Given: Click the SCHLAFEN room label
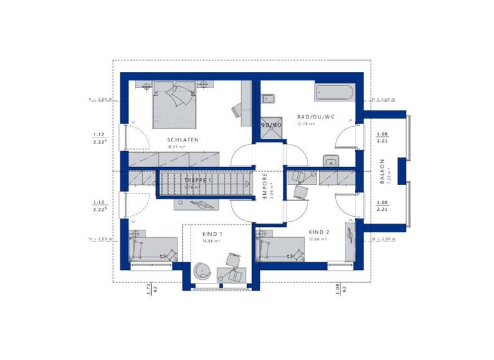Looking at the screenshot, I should (183, 139).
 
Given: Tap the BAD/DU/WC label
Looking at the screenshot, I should (316, 117).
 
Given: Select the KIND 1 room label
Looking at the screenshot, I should (212, 234).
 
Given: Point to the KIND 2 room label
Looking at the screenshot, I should (318, 231).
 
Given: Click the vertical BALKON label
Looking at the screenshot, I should (381, 172).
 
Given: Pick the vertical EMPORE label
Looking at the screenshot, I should (264, 185).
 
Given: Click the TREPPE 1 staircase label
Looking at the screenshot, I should (199, 181).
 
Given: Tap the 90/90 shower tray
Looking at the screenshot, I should (271, 126).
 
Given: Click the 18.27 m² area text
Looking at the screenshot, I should (176, 147).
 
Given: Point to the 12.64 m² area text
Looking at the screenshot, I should (317, 239).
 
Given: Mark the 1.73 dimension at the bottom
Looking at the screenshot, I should (147, 290).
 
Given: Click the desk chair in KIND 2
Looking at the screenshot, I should (300, 190).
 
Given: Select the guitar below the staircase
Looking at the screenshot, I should (197, 205).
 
